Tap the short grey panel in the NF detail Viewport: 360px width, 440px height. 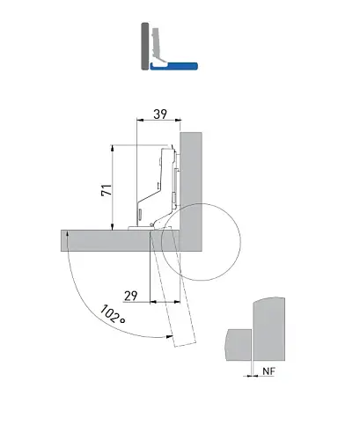236,343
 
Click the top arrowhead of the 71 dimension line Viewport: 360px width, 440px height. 113,147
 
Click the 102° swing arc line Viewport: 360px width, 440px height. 84,299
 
